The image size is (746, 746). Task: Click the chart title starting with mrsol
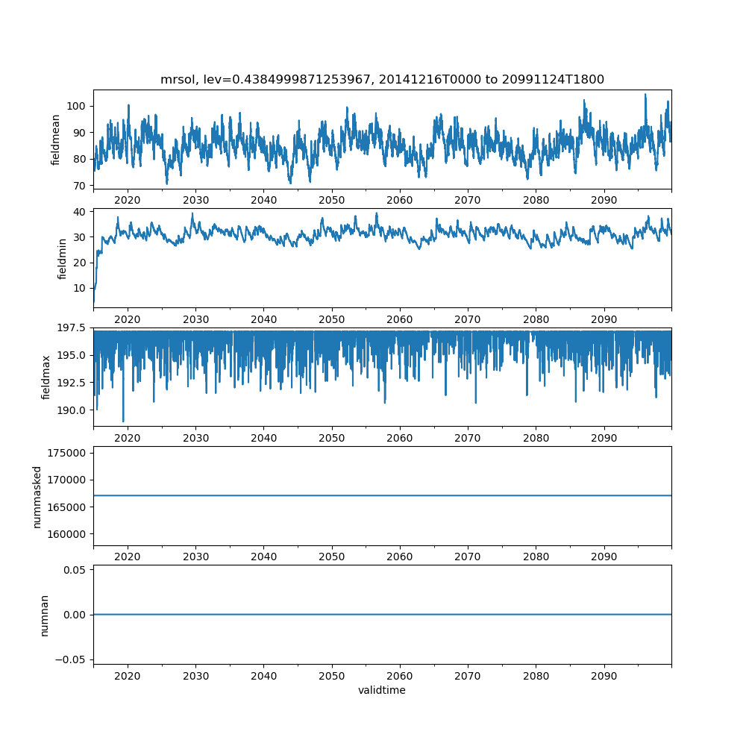point(382,79)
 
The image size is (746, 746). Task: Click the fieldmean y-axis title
point(56,140)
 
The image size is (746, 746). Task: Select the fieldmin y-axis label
point(62,258)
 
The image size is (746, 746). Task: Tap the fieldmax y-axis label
point(46,377)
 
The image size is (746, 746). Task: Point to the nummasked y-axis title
point(37,497)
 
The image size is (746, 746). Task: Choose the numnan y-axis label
point(44,615)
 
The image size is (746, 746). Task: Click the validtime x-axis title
point(382,691)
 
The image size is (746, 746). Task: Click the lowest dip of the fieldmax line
point(123,421)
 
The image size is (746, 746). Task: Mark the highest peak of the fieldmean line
point(645,94)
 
